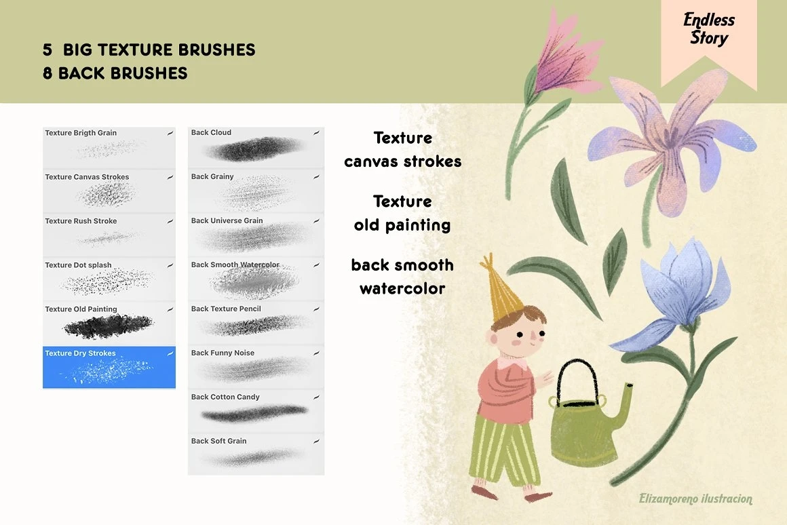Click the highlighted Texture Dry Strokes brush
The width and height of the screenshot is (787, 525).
(109, 367)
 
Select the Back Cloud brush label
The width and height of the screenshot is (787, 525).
(211, 132)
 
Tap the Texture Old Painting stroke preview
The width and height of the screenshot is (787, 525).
(108, 326)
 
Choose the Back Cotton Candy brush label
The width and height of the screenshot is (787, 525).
(225, 397)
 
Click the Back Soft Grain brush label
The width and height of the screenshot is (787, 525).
(219, 441)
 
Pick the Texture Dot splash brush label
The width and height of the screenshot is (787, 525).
(78, 265)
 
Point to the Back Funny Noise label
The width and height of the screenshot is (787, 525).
(223, 353)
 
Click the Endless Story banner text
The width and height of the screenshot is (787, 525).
(709, 28)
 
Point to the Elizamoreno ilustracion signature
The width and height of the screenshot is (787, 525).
(695, 499)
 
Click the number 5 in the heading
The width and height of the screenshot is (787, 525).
(47, 50)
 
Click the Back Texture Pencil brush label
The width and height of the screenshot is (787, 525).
(226, 309)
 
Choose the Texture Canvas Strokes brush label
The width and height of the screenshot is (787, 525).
(87, 176)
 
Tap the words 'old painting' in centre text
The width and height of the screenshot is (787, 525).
(402, 225)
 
